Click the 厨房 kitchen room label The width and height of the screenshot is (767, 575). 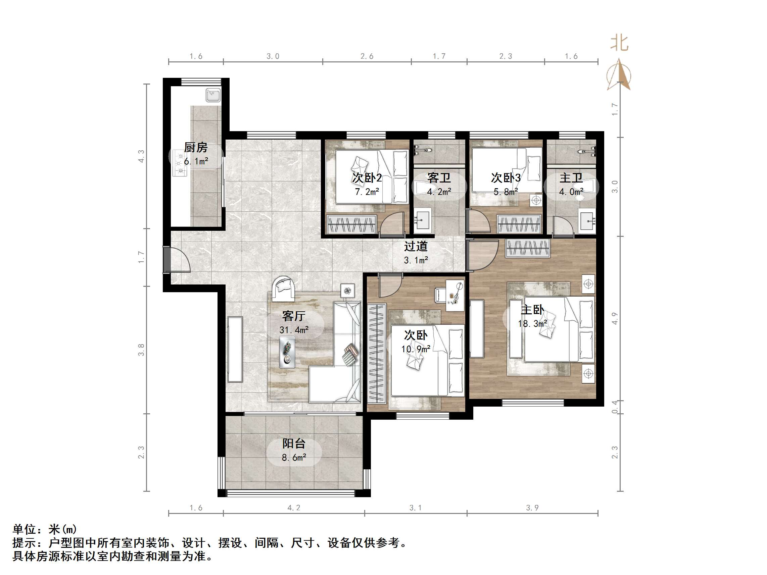pos(196,148)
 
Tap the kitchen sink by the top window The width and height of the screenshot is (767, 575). pos(213,95)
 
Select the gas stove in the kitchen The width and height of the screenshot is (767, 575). pos(180,163)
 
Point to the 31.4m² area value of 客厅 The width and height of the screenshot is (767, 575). pos(294,330)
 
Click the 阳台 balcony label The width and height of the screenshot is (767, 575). pos(294,443)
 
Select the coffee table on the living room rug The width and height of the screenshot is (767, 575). pos(287,352)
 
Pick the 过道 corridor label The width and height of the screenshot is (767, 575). pos(416,246)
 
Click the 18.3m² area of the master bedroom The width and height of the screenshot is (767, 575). pos(532,324)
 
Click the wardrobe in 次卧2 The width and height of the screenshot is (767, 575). pos(351,224)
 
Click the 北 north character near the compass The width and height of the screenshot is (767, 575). pos(620,43)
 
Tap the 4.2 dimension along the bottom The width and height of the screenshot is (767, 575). pos(294,508)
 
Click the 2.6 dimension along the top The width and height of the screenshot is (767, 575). pos(367,56)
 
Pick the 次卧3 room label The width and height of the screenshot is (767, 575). pos(506,178)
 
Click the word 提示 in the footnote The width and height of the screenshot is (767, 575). pos(24,543)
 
